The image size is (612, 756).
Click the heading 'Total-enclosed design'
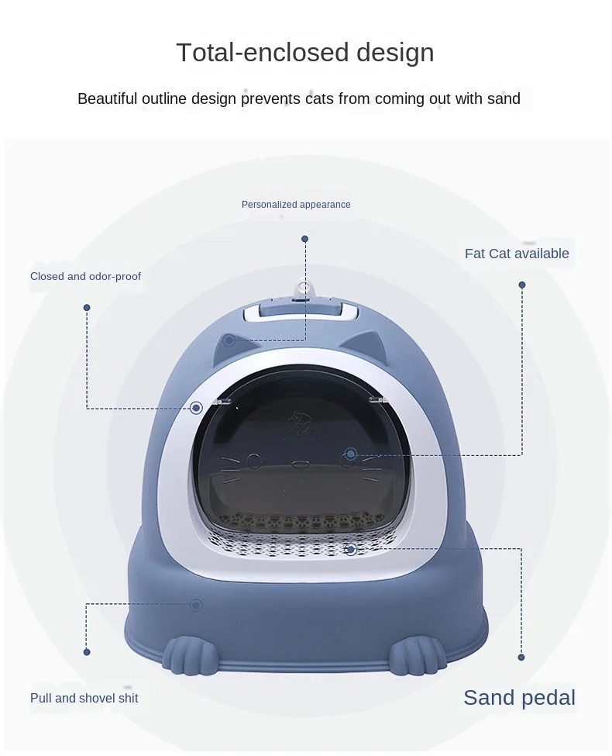click(305, 53)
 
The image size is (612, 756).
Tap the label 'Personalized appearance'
click(296, 205)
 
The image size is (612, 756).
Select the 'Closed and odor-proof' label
click(85, 276)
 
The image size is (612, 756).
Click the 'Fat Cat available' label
click(517, 254)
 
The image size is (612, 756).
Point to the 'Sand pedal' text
click(519, 698)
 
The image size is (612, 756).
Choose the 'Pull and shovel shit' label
click(84, 698)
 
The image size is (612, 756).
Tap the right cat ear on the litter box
click(374, 341)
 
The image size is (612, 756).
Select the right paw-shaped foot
click(417, 656)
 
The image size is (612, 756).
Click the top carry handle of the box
click(301, 312)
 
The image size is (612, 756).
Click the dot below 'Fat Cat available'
click(522, 285)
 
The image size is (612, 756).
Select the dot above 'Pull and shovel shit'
click(87, 652)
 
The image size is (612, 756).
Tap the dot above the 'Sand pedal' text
click(521, 658)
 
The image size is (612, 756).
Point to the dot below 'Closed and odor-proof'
click(87, 308)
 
